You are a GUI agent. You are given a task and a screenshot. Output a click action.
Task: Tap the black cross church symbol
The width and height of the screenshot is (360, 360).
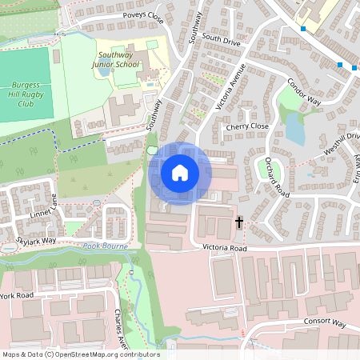coord(238,221)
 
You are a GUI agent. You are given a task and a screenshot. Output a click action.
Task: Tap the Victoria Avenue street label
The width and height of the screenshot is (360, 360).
coord(229,89)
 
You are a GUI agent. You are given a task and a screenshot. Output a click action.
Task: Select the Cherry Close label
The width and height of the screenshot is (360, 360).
coord(246,126)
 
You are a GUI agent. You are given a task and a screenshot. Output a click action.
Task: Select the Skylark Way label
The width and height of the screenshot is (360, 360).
coord(38,240)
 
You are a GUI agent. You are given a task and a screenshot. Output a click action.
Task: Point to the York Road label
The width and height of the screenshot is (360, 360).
coord(18,295)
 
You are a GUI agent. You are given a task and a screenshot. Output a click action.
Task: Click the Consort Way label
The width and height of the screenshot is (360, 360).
coord(324,323)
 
